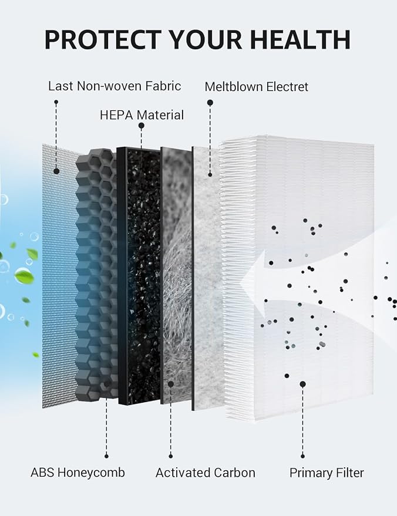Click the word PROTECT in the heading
pos(103,39)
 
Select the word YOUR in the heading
pos(206,39)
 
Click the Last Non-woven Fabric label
pos(115,86)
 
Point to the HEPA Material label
pos(142,115)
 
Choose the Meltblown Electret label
pos(257,87)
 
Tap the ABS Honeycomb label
pos(78,473)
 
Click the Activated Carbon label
pos(206,473)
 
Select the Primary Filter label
pos(327,473)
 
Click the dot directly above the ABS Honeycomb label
pos(106,456)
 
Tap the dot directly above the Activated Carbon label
pos(170,456)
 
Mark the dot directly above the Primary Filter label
pos(302,456)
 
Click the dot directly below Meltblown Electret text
pos(210,103)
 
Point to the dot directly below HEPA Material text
pos(141,126)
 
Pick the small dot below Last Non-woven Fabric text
pos(56,102)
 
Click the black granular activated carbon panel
pos(139,276)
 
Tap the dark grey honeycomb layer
pos(96,275)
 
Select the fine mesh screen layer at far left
pos(59,276)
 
